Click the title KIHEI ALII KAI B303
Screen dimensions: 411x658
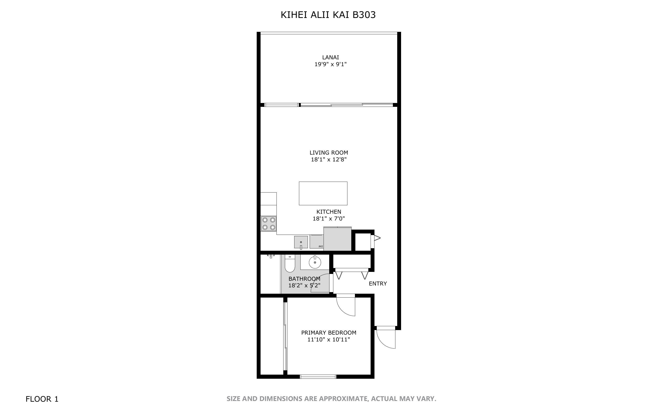[x=328, y=15]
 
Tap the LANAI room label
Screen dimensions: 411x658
[x=331, y=57]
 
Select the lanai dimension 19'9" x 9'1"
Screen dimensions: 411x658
[x=331, y=64]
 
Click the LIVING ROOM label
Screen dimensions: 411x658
[x=329, y=153]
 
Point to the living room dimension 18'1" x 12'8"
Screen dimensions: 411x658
[x=329, y=160]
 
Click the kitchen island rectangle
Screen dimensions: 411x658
[x=323, y=193]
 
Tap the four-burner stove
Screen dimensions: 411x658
[x=269, y=223]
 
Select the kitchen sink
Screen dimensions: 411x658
[x=301, y=242]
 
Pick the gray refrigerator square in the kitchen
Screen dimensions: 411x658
[x=337, y=239]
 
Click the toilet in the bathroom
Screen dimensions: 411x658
[x=290, y=264]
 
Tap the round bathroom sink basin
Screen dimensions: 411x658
[x=315, y=262]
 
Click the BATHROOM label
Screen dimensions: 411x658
[x=304, y=279]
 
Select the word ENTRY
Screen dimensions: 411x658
[x=377, y=284]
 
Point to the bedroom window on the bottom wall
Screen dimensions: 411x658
[x=318, y=376]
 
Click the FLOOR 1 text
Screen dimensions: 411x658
[x=42, y=399]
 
